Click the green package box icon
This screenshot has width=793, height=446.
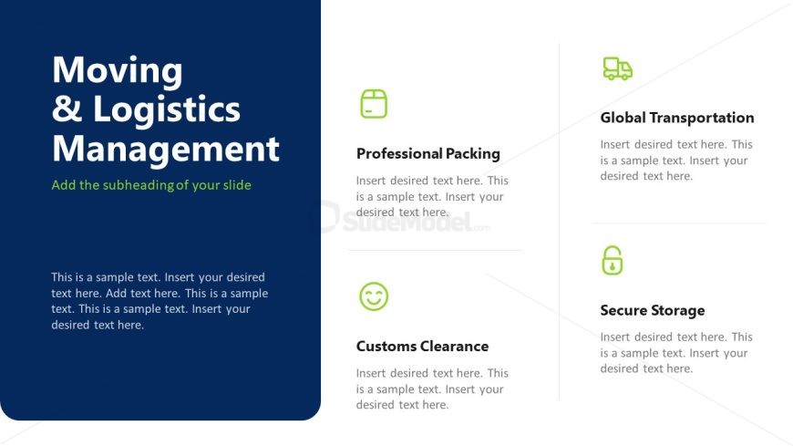[x=374, y=104]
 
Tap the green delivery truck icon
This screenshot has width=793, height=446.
[x=617, y=68]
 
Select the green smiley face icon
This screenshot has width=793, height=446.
[x=374, y=296]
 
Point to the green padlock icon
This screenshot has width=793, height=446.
[x=612, y=260]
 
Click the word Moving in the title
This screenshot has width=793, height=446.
[x=118, y=70]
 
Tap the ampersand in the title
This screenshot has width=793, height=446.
[x=67, y=109]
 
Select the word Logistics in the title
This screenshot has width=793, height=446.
[x=167, y=109]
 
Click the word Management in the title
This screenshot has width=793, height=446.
[x=166, y=150]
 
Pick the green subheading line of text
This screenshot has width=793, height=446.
[x=151, y=185]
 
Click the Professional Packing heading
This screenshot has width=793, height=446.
[x=427, y=154]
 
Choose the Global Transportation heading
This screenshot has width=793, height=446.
[x=677, y=118]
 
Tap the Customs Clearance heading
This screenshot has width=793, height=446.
[x=422, y=347]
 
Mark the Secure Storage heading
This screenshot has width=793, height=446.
[x=653, y=310]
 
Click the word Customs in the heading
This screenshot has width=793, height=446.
[x=386, y=347]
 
